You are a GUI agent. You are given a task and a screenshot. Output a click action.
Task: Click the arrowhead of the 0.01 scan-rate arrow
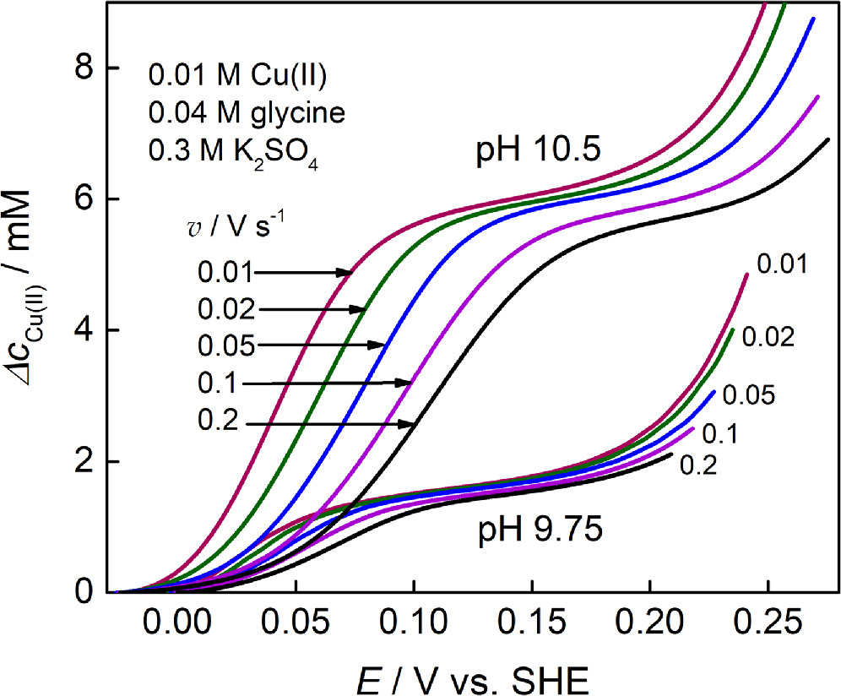(347, 272)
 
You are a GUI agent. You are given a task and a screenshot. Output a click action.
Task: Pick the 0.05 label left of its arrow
(225, 345)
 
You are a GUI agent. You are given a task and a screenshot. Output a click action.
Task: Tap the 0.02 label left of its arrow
(225, 310)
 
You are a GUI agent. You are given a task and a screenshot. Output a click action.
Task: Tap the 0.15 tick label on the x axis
(530, 624)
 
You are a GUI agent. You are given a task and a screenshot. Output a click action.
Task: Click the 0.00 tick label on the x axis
(176, 624)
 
